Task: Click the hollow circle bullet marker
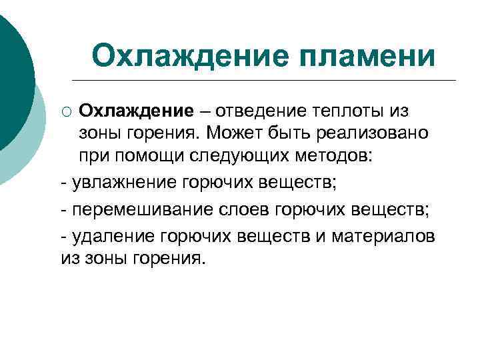[66, 111]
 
